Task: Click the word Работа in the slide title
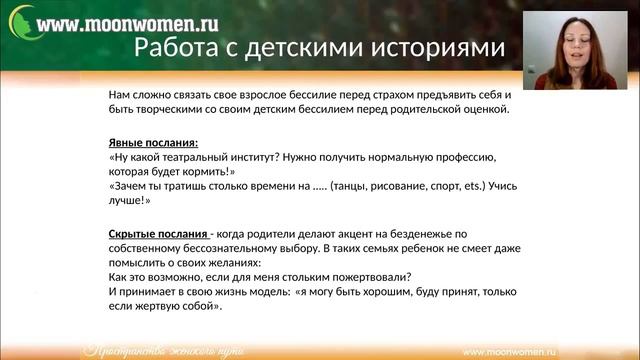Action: click(x=172, y=47)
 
